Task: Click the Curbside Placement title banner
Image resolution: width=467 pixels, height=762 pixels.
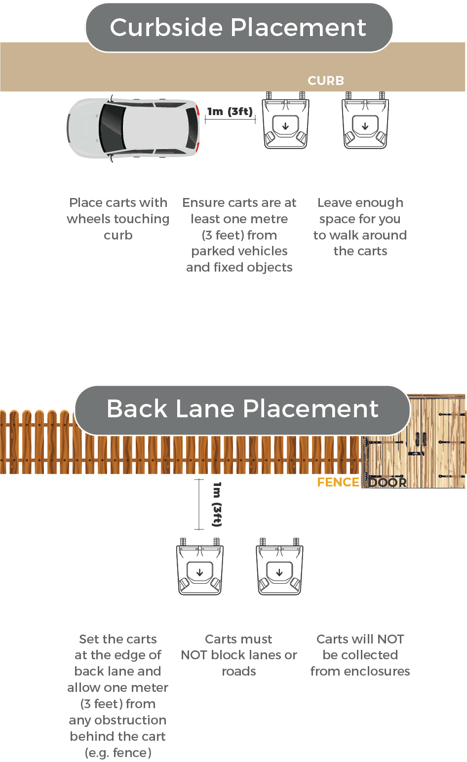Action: pos(239,28)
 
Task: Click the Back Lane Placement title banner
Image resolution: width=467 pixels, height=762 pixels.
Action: pos(242,409)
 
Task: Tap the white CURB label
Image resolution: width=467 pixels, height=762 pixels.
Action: pos(326,80)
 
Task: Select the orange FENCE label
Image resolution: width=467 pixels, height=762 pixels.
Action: pos(338,482)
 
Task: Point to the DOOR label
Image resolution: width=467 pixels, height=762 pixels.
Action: pos(388,482)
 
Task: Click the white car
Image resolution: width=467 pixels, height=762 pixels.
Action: pos(134,128)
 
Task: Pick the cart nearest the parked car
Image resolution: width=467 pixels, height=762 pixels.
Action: pos(285,121)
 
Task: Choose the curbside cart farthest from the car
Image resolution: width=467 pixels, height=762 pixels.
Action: pos(365,121)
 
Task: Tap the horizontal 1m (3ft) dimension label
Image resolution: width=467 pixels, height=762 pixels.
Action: pos(230,111)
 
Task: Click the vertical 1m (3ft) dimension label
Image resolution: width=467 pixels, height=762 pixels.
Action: pos(217,504)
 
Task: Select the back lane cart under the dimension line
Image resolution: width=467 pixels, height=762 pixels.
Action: pos(199,568)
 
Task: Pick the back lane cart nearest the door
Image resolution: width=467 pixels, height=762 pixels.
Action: pos(279,568)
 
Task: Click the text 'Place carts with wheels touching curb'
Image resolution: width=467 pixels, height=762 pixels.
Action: pos(118,219)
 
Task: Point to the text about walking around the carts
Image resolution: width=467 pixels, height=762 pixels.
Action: pos(360,227)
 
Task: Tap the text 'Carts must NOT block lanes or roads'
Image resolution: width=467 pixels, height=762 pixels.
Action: pos(239,655)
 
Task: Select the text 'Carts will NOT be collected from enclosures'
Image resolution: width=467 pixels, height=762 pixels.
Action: pos(360,655)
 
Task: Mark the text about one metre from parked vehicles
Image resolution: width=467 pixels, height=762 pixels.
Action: pos(239,235)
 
